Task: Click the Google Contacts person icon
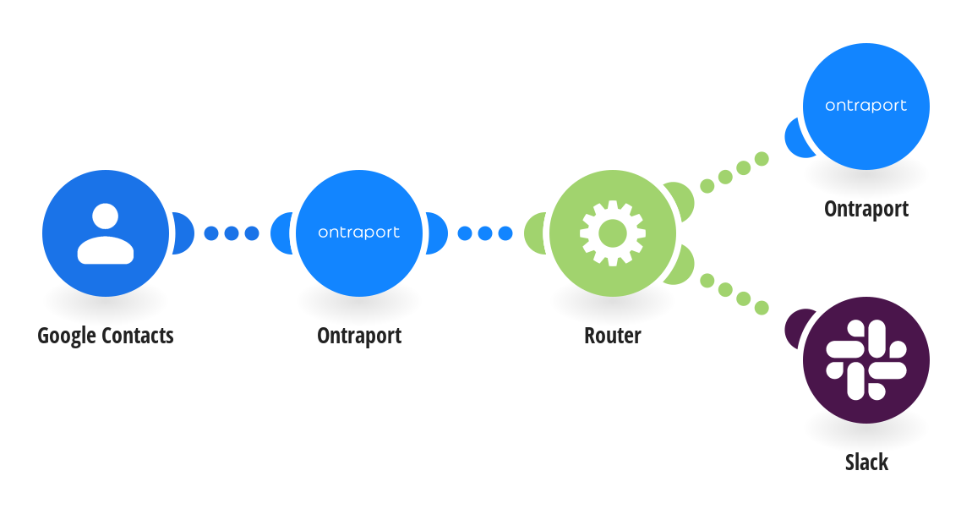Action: pos(106,233)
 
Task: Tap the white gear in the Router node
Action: pos(613,233)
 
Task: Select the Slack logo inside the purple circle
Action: pos(866,360)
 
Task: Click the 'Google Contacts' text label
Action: pos(106,336)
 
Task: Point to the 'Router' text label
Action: pos(613,336)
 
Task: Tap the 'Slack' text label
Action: pos(866,462)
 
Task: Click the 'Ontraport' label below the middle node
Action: pos(359,336)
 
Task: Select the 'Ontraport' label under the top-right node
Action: pos(866,209)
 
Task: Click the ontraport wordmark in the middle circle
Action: pos(359,233)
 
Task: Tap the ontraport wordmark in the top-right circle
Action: pos(866,106)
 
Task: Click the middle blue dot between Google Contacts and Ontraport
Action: pos(232,233)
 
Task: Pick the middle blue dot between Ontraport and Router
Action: pos(485,233)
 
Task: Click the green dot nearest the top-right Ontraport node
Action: pos(762,159)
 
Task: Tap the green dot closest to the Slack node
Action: pos(762,308)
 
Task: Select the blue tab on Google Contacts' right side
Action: pos(183,233)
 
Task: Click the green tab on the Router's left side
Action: pos(534,233)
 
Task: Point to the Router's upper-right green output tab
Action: pos(680,200)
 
